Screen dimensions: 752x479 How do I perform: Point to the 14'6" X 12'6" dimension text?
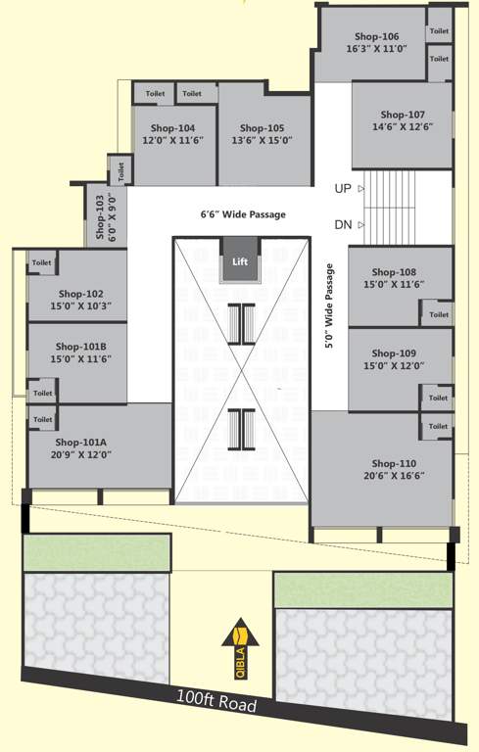402,127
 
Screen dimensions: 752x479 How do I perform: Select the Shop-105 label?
262,128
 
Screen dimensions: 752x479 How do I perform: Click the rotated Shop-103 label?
99,216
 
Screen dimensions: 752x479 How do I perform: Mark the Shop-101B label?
80,346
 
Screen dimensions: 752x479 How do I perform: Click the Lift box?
240,261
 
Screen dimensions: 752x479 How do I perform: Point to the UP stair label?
343,188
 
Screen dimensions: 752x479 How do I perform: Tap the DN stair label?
343,224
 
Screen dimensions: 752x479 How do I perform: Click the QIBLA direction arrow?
239,647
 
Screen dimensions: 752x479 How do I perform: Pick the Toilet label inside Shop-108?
439,314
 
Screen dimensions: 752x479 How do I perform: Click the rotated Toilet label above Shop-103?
121,170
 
